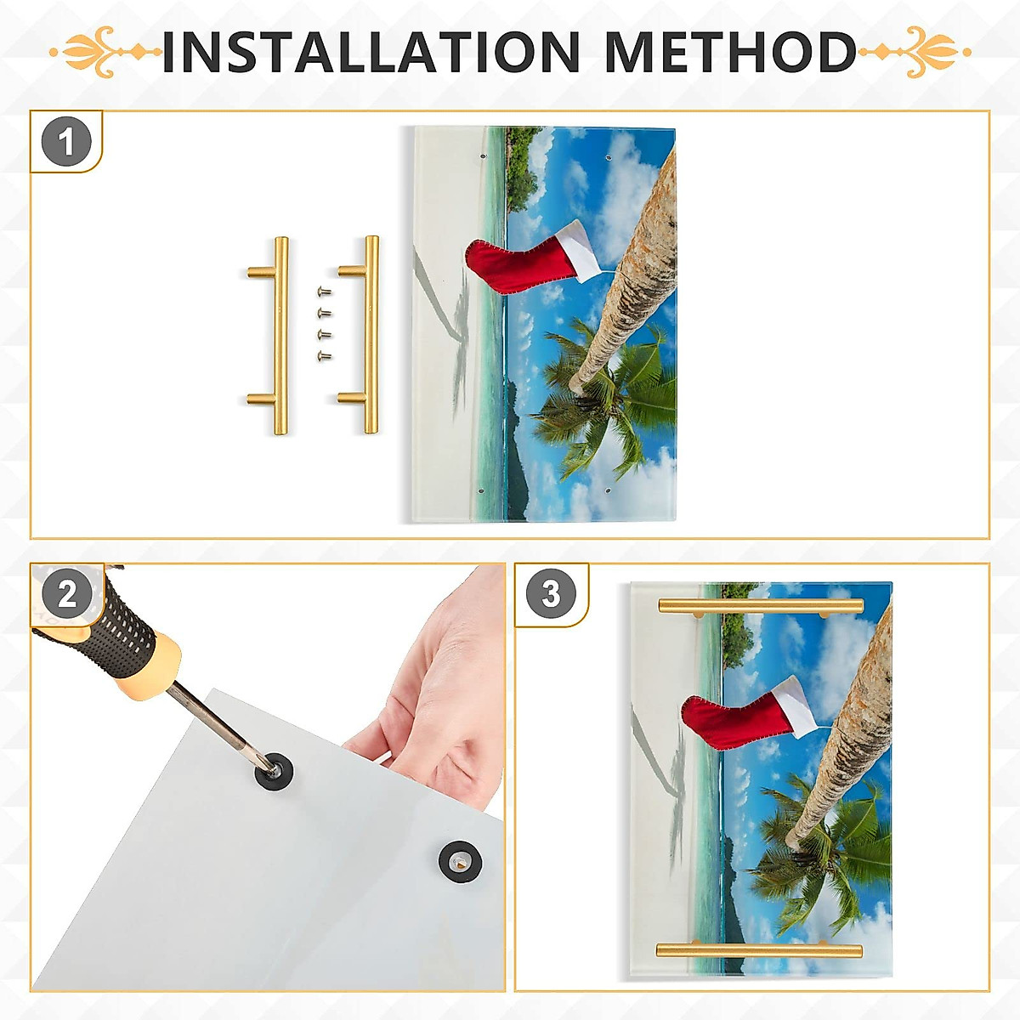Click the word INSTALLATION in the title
click(371, 53)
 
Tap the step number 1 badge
click(66, 142)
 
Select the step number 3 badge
click(551, 594)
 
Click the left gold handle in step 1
click(279, 336)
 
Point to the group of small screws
click(324, 324)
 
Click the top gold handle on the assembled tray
click(760, 606)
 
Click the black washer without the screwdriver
click(460, 861)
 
